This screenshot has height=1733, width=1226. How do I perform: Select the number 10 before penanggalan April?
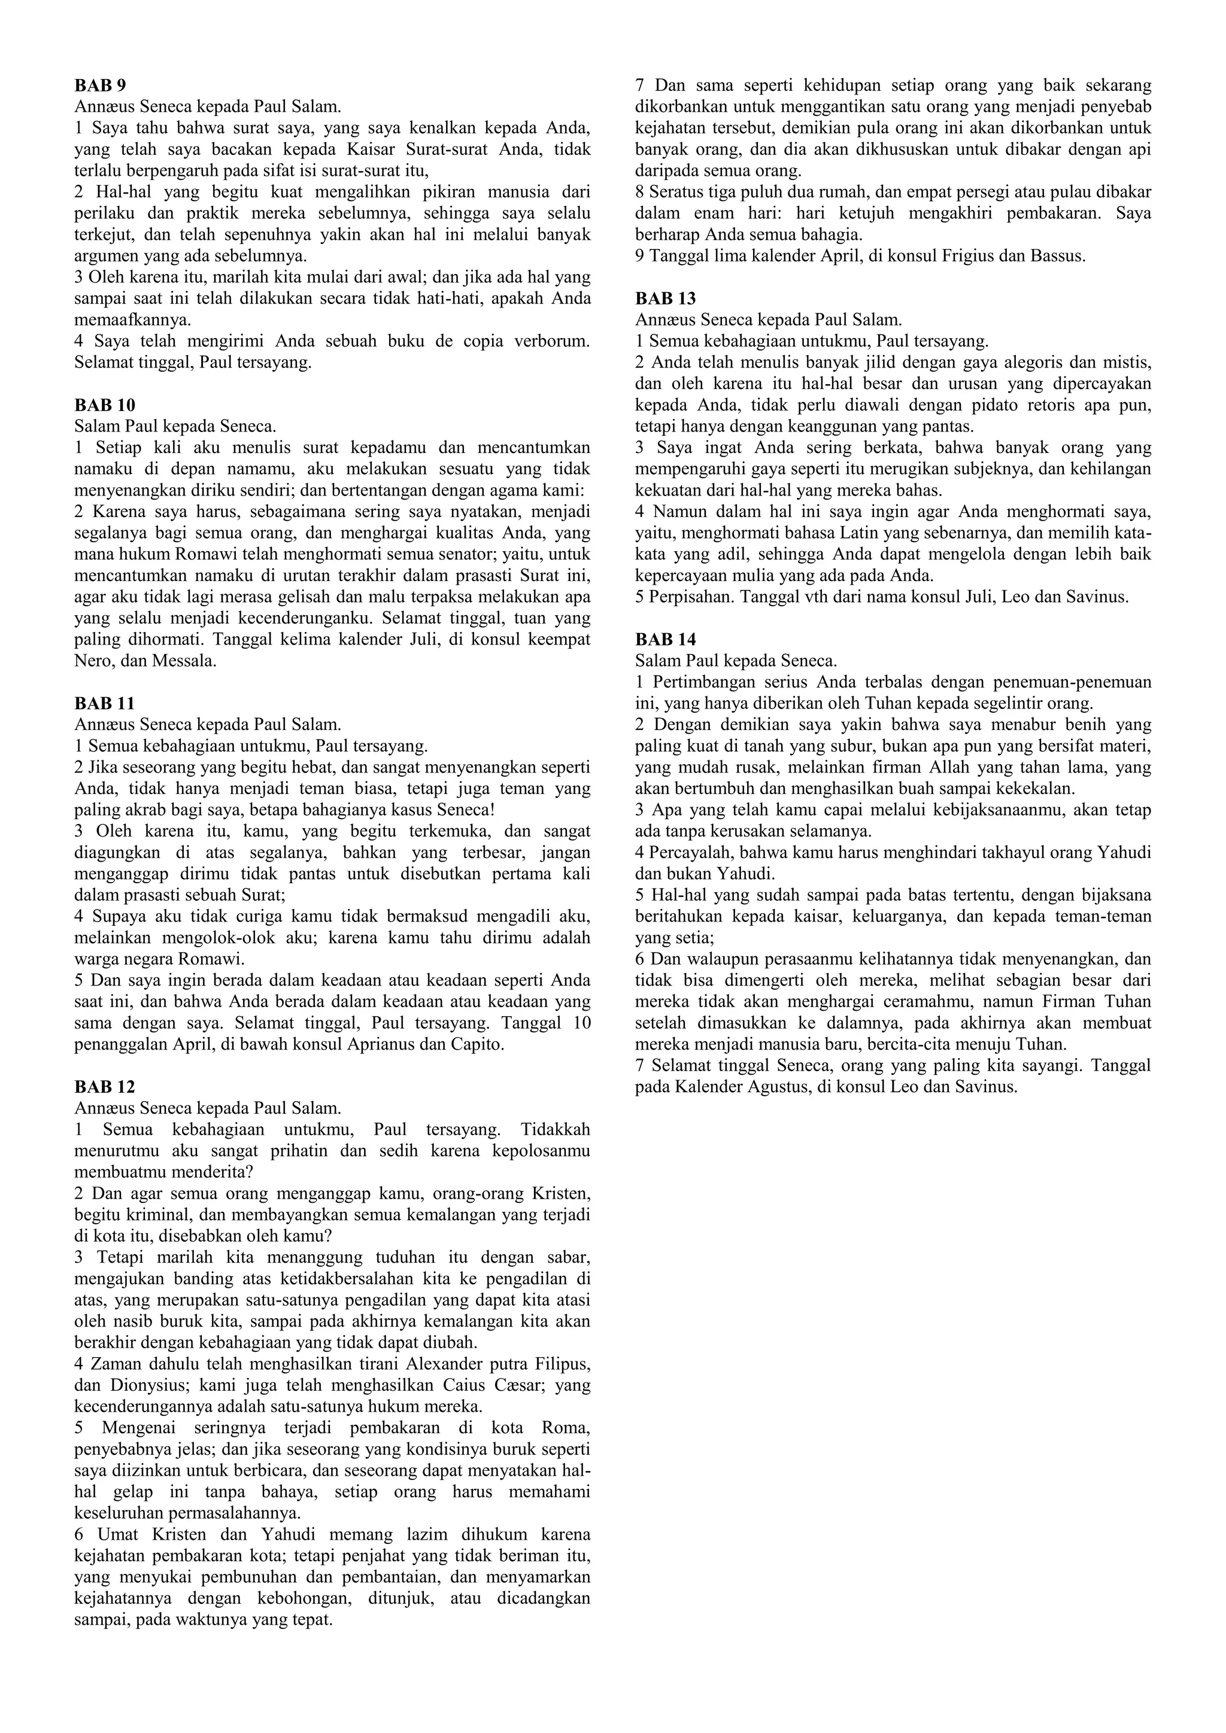579,1023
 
